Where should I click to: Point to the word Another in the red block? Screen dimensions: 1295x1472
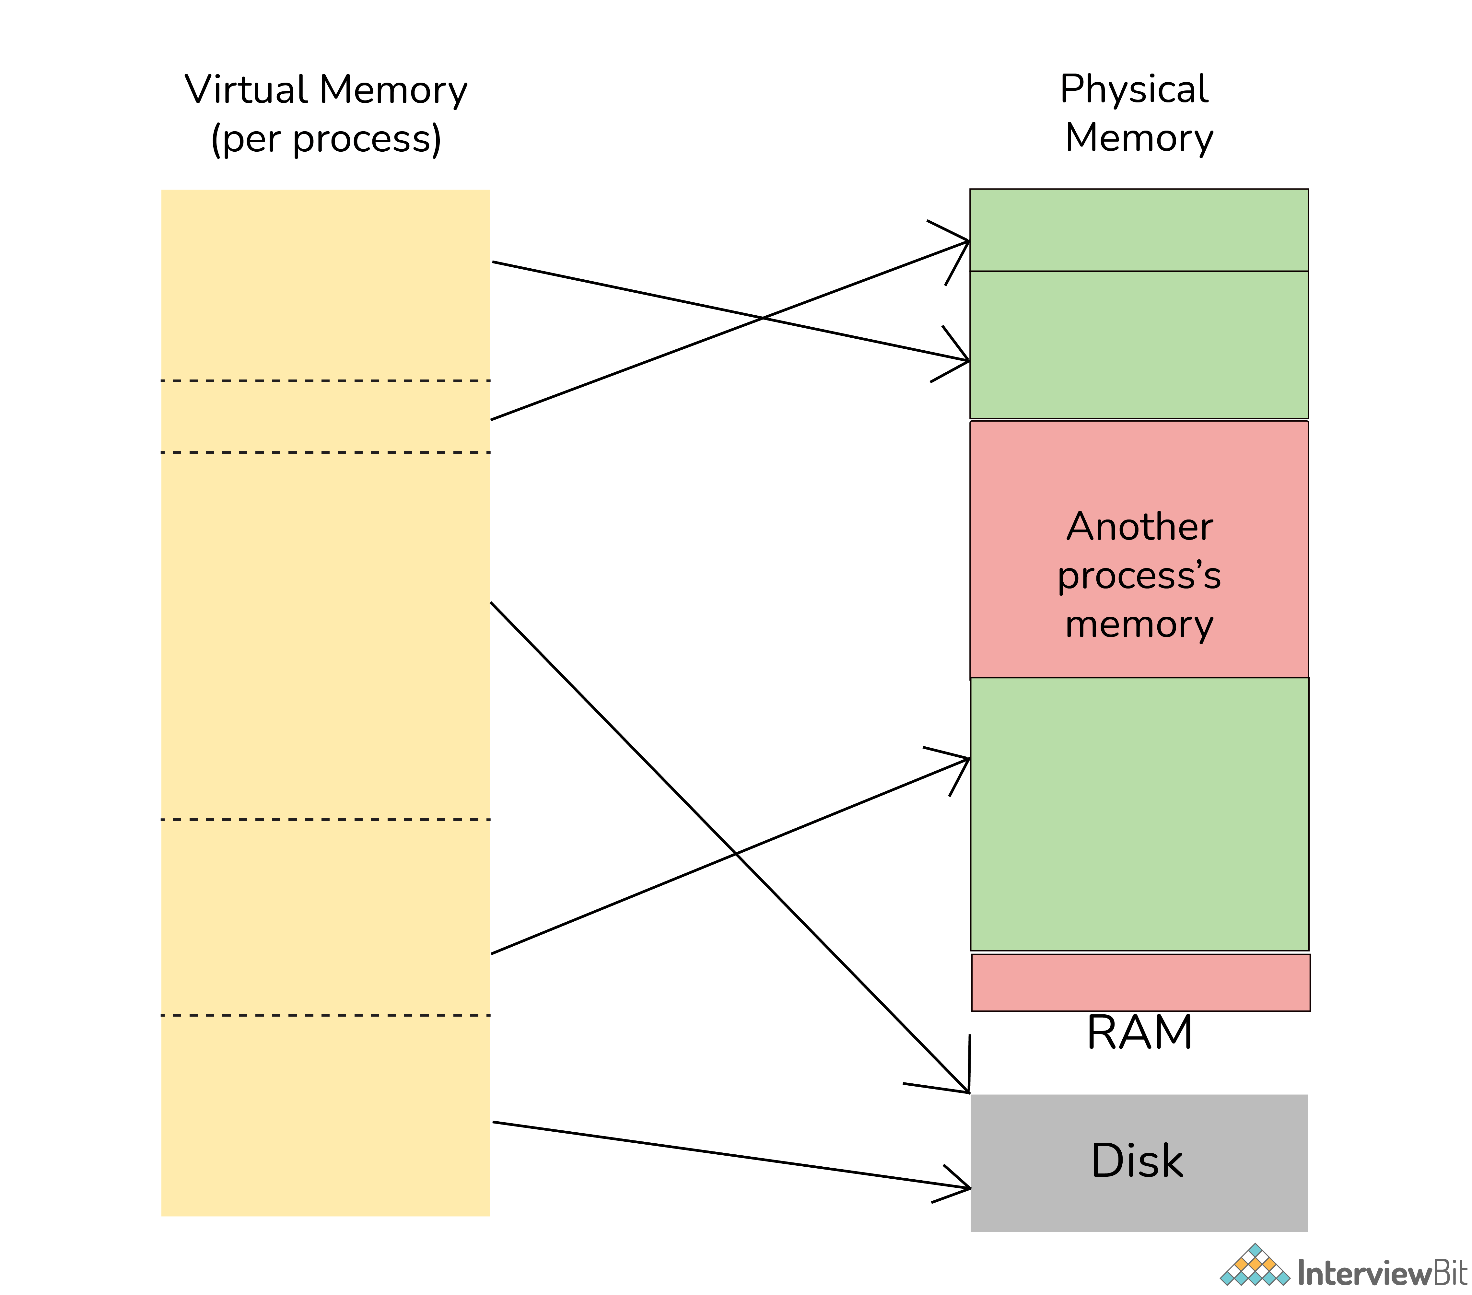tap(1139, 527)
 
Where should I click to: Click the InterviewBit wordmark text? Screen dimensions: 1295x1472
tap(1381, 1273)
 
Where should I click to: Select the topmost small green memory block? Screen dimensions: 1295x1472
tap(1139, 230)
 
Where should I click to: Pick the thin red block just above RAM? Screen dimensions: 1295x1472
tap(1140, 982)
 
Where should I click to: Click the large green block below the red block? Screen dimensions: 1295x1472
tap(1139, 814)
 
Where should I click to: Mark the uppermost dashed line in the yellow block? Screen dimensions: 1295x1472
tap(325, 380)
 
